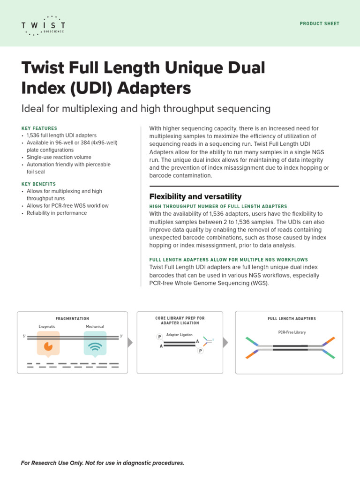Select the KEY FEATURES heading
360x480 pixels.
pyautogui.click(x=39, y=128)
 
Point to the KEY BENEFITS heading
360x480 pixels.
pyautogui.click(x=38, y=184)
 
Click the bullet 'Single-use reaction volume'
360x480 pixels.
pyautogui.click(x=59, y=157)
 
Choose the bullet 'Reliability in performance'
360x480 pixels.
pyautogui.click(x=56, y=213)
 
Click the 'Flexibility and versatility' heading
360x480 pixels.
pyautogui.click(x=195, y=196)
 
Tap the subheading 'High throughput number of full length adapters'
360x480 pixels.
pyautogui.click(x=218, y=206)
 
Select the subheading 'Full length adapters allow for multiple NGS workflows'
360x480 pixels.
pyautogui.click(x=228, y=260)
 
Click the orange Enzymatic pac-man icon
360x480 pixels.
pyautogui.click(x=48, y=345)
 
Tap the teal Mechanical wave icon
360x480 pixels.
pyautogui.click(x=95, y=345)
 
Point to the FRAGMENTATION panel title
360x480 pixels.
pyautogui.click(x=72, y=319)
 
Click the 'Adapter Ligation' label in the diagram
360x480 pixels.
pyautogui.click(x=179, y=335)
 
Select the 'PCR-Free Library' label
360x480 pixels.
pyautogui.click(x=292, y=332)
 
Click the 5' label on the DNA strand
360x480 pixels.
pyautogui.click(x=24, y=337)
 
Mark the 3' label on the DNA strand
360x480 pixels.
pyautogui.click(x=121, y=337)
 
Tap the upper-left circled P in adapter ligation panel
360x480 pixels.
pyautogui.click(x=159, y=337)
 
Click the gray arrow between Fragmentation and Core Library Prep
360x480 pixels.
pyautogui.click(x=130, y=343)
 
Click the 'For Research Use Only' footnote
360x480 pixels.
pyautogui.click(x=103, y=463)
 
